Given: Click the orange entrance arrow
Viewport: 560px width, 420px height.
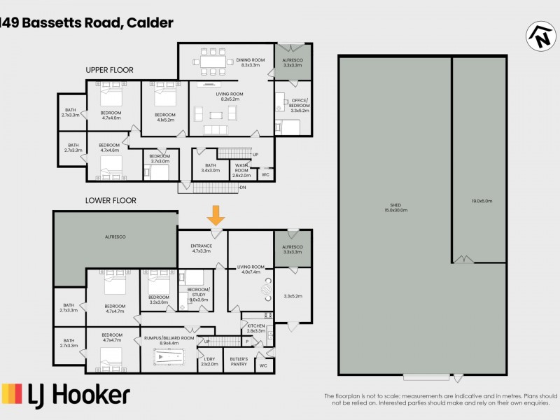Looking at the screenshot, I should coord(216,214).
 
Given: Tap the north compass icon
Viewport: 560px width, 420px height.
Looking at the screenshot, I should coord(540,36).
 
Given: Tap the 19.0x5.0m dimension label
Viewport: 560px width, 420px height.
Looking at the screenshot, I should coord(482,201).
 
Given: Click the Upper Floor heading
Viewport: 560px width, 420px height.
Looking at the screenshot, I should coord(109,70).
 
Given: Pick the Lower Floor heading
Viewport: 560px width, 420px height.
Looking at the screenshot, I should coord(111,200).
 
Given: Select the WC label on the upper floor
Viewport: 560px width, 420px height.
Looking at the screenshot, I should coord(265,174).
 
